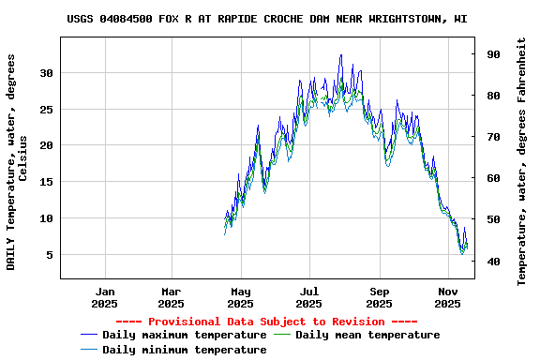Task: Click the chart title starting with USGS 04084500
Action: tap(267, 19)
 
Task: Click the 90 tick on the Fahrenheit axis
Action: tap(492, 54)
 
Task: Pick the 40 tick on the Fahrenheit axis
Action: tap(492, 261)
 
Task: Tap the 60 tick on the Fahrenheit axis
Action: tap(492, 178)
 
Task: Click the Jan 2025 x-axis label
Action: tap(105, 297)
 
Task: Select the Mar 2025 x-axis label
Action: tap(172, 297)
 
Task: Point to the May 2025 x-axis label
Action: tap(241, 297)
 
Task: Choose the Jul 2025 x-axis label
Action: tap(309, 297)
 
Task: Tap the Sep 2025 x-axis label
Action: tap(380, 297)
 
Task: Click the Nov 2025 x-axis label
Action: tap(448, 297)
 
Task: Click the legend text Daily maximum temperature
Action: tap(184, 335)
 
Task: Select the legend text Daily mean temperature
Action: tap(367, 335)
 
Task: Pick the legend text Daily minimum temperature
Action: tap(184, 350)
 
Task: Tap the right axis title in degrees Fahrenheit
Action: tap(522, 161)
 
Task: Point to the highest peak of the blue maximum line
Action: tap(341, 55)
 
